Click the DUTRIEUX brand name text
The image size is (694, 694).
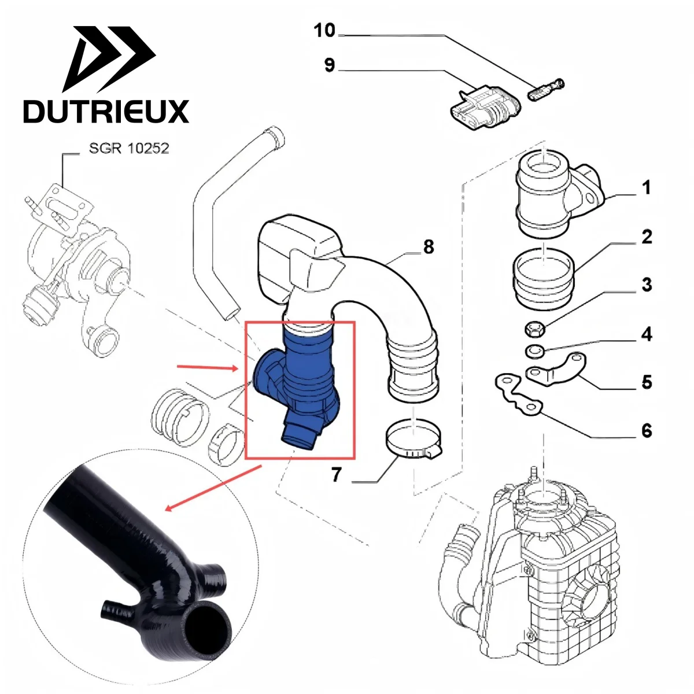pyautogui.click(x=106, y=111)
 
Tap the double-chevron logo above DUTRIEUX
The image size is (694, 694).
pyautogui.click(x=110, y=61)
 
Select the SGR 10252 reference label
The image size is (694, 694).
pyautogui.click(x=129, y=149)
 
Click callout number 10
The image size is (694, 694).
pyautogui.click(x=324, y=31)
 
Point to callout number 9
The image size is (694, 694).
pyautogui.click(x=329, y=65)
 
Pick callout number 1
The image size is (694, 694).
pyautogui.click(x=647, y=187)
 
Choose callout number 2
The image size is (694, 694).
pyautogui.click(x=647, y=237)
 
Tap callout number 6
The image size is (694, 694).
pyautogui.click(x=647, y=431)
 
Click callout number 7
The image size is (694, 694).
pyautogui.click(x=337, y=475)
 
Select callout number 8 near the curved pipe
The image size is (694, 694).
pyautogui.click(x=428, y=247)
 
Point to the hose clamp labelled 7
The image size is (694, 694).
pyautogui.click(x=413, y=442)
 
